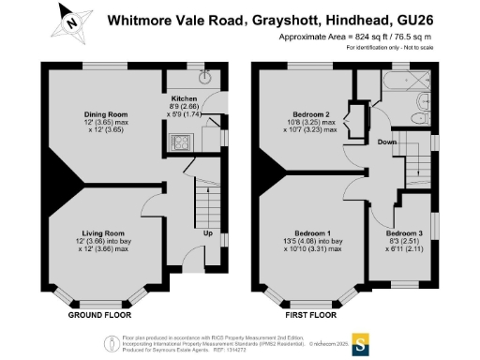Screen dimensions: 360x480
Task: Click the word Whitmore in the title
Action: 138,19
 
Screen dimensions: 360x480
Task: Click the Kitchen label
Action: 185,97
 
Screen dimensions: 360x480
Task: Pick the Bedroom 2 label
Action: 313,115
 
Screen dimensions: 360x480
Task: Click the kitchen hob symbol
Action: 175,142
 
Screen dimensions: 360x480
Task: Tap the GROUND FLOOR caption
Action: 99,316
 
